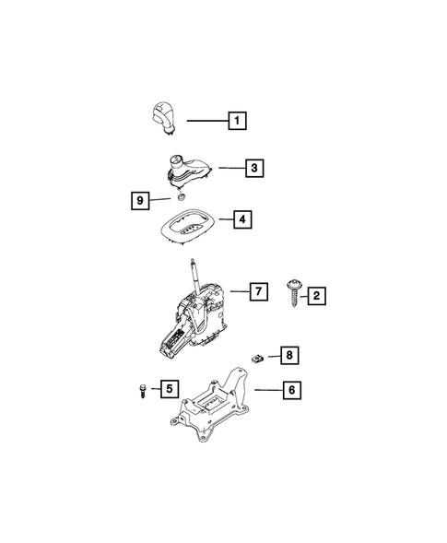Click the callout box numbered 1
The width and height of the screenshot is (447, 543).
(x=237, y=121)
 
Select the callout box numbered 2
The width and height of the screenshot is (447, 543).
(x=316, y=295)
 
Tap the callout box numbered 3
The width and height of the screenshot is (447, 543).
(x=253, y=169)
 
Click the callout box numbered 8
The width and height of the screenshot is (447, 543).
(x=288, y=354)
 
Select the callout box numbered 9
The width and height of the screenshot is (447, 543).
(x=138, y=200)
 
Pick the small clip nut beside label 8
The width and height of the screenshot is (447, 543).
(x=259, y=353)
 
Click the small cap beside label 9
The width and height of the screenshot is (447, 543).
(x=182, y=197)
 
